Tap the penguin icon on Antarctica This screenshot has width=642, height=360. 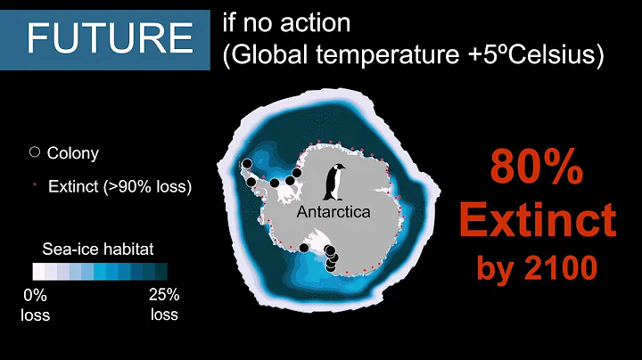tap(335, 184)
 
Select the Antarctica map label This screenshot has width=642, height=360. tap(333, 214)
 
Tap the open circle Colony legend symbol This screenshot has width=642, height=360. tap(35, 152)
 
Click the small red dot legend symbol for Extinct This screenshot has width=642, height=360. tap(35, 186)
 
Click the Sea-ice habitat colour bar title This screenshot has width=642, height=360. tap(98, 250)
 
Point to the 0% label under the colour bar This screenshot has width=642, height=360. tap(36, 295)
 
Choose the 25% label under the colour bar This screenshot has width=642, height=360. tap(164, 295)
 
